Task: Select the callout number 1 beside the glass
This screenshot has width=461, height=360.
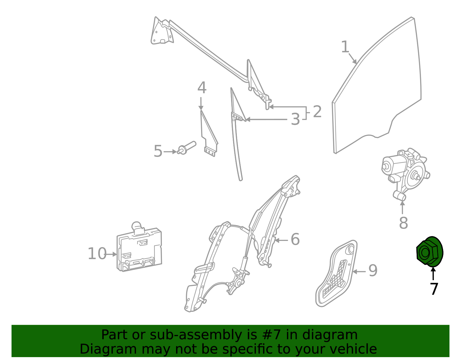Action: [345, 47]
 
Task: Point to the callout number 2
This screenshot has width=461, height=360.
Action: [317, 112]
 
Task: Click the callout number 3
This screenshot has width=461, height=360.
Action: [295, 119]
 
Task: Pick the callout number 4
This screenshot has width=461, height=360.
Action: [202, 88]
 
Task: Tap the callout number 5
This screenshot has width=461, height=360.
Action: [158, 151]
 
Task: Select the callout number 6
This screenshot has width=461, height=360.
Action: [295, 240]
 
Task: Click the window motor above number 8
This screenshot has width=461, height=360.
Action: [405, 173]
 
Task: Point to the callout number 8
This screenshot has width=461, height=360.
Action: [403, 223]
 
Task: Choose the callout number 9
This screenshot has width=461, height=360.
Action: [373, 271]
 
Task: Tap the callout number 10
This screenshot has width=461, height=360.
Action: [97, 254]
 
